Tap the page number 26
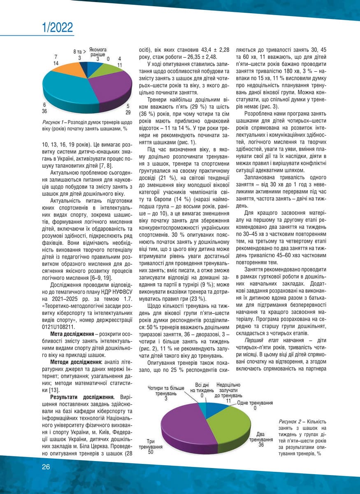click(46, 466)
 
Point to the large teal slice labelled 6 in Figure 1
click(70, 91)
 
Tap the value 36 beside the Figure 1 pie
click(45, 111)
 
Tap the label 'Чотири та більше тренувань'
click(166, 391)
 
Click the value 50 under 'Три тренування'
click(151, 452)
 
